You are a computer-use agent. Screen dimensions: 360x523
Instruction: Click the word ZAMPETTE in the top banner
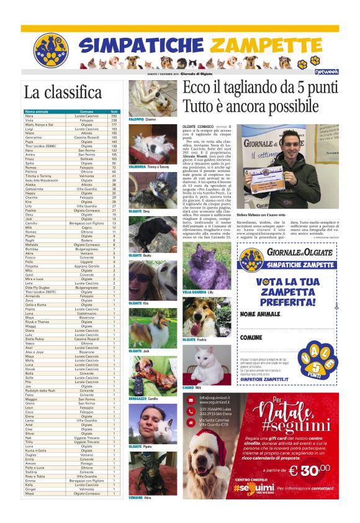click(273, 45)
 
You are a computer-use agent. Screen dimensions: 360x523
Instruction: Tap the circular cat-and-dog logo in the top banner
click(50, 50)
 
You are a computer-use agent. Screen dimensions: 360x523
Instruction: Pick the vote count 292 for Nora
click(114, 116)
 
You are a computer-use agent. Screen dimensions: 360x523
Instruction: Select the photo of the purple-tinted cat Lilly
click(198, 268)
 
